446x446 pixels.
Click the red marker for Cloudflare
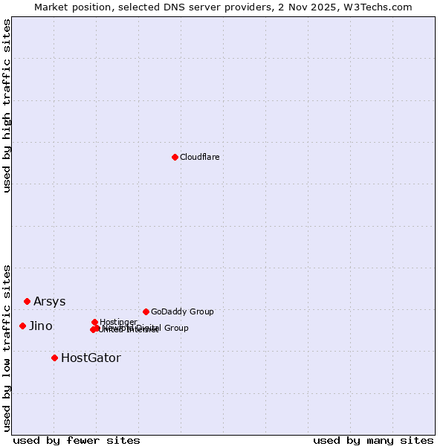click(x=175, y=157)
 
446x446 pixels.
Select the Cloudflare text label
click(x=200, y=157)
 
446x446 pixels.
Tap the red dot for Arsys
click(x=27, y=301)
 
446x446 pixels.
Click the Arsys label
click(x=49, y=301)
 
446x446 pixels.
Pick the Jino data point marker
click(x=22, y=326)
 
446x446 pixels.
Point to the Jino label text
click(x=41, y=326)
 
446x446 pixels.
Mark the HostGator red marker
click(x=54, y=358)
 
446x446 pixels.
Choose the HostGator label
click(x=91, y=358)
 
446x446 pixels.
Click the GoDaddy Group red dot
click(x=146, y=311)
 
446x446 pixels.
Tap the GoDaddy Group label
click(x=182, y=311)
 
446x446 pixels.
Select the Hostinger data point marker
click(x=94, y=322)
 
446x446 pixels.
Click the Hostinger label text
click(x=118, y=322)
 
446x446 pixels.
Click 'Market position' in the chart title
click(x=71, y=7)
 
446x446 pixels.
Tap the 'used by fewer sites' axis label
click(x=77, y=440)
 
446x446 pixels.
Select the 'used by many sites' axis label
click(x=373, y=440)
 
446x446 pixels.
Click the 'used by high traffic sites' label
click(x=7, y=106)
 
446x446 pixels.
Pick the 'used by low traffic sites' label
click(x=7, y=348)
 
